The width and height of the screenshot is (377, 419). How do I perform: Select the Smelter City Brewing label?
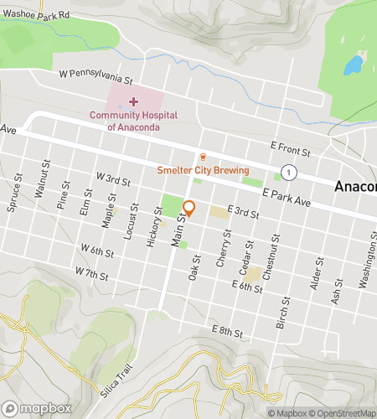(204, 170)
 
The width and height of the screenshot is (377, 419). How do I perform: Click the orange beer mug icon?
(203, 157)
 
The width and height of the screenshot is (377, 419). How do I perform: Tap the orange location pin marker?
(189, 209)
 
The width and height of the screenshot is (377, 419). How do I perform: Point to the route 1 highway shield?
(288, 172)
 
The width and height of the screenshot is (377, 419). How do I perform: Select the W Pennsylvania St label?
(96, 77)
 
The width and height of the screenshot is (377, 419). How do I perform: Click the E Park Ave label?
(286, 198)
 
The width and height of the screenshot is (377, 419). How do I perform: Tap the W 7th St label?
(91, 273)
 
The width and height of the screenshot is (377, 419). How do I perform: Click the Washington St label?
(367, 269)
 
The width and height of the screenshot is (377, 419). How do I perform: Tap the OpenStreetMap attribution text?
(343, 412)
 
